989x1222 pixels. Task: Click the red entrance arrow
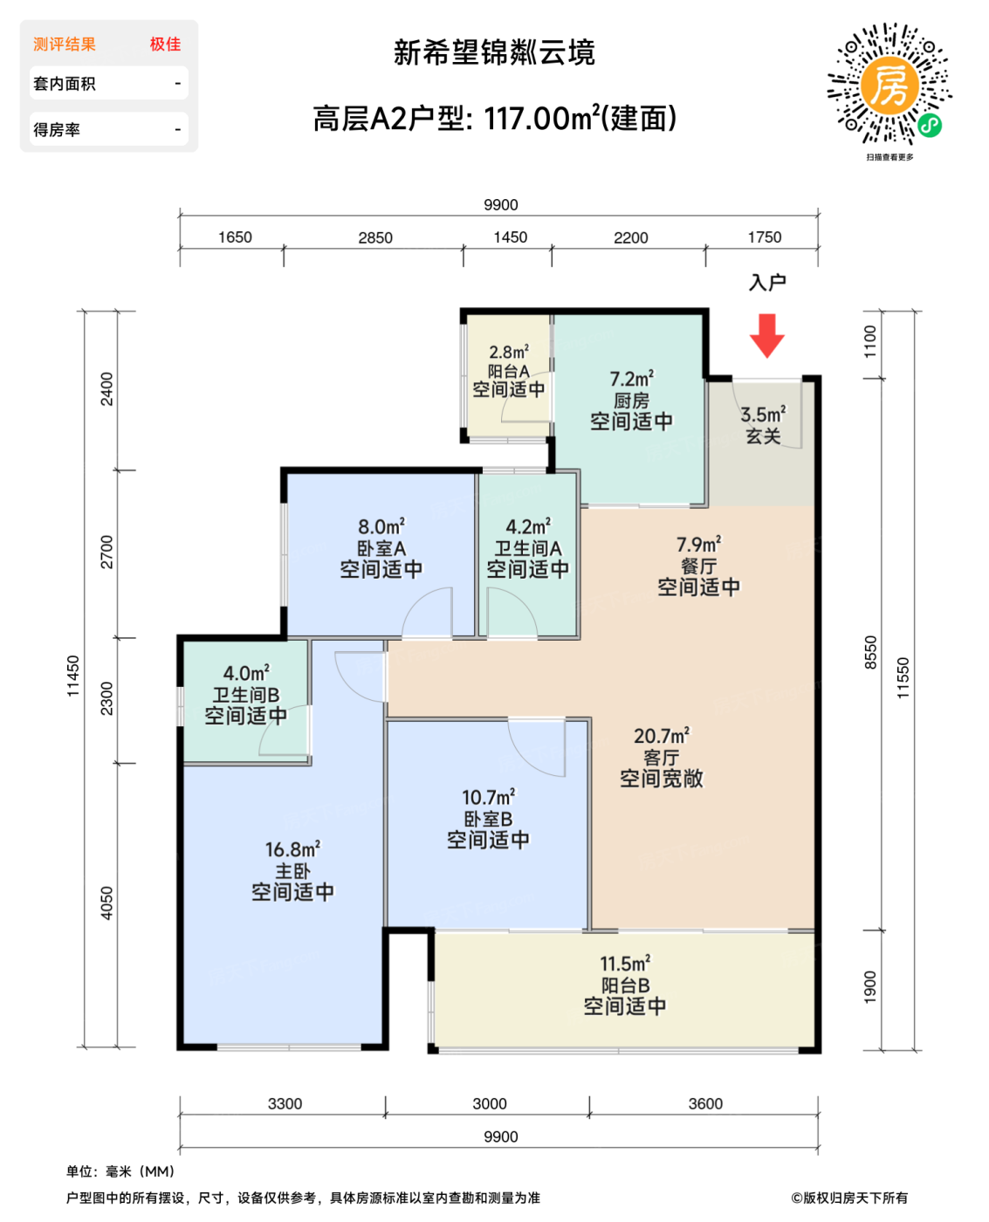(x=767, y=335)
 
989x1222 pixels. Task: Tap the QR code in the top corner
(x=889, y=85)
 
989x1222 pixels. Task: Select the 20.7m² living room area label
(x=662, y=736)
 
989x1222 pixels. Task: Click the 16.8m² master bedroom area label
(x=292, y=849)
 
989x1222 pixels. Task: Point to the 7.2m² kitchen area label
(x=631, y=379)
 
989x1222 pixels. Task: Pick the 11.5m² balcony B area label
(x=625, y=964)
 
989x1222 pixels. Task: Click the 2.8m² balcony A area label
(x=509, y=352)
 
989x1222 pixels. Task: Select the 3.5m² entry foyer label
(x=763, y=415)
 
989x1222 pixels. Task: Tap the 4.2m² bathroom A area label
(x=528, y=527)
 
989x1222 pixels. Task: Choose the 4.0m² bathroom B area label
(x=246, y=673)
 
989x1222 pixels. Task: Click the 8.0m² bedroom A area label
(x=381, y=527)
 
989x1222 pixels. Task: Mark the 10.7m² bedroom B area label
(x=488, y=797)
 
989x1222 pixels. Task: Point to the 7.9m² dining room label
(x=698, y=545)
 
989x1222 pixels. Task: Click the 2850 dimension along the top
(x=375, y=237)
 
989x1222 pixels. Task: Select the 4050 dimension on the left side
(x=106, y=903)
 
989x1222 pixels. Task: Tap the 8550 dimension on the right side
(x=870, y=652)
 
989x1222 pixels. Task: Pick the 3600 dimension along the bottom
(x=705, y=1104)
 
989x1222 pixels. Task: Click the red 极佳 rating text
(x=165, y=45)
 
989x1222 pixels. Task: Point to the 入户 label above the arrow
(x=767, y=283)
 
